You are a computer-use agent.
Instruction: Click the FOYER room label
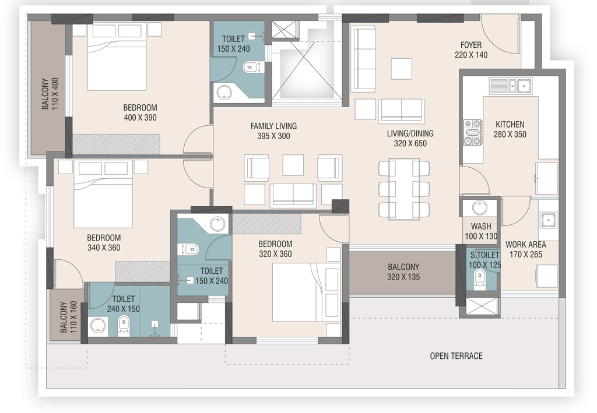coord(471,45)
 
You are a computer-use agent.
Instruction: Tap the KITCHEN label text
coord(510,124)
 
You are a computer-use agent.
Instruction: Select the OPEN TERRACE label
coord(456,356)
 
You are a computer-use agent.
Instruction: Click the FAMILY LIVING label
coord(273,126)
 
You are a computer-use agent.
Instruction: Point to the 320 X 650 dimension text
coord(410,143)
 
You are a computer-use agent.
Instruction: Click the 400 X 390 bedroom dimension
coord(140,118)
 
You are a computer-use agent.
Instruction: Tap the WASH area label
coord(481,226)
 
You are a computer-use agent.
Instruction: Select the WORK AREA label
coord(525,245)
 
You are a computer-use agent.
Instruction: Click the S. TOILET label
coord(484,255)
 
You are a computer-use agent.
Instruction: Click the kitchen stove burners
coord(473,132)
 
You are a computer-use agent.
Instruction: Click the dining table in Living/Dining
coord(404,189)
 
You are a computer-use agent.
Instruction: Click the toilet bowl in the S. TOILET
coord(479,277)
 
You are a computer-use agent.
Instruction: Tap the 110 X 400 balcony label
coord(50,94)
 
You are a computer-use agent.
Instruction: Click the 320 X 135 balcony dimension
coord(403,277)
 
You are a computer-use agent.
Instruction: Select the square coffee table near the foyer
coord(401,69)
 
